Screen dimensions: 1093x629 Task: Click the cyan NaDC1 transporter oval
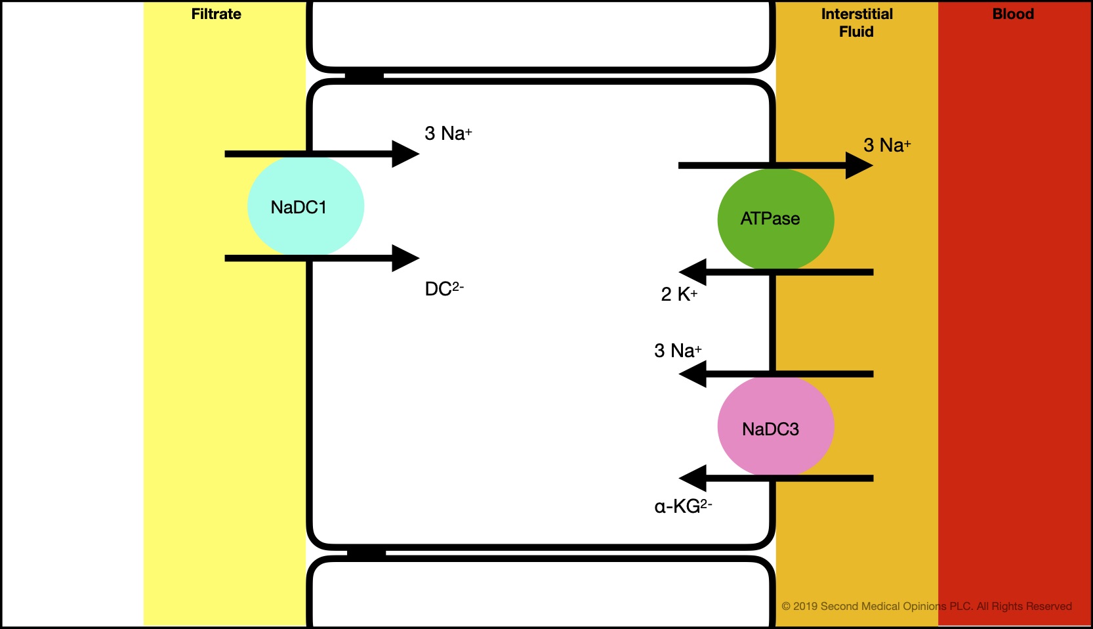pos(306,206)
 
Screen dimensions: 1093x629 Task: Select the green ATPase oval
pos(775,219)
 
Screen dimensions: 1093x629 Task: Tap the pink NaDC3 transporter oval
pos(775,426)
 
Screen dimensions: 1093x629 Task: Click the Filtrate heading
pos(216,14)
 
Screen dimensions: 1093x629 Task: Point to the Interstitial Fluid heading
pos(857,22)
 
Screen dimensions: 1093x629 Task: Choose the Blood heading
pos(1013,14)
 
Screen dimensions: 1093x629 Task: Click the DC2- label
pos(444,289)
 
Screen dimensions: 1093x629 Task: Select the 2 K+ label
pos(679,294)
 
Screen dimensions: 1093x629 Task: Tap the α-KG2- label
pos(683,506)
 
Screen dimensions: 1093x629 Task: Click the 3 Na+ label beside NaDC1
pos(448,133)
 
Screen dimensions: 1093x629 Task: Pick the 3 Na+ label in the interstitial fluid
pos(886,144)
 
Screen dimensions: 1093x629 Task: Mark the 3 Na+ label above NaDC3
pos(677,350)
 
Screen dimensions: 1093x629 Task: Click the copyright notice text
pos(926,606)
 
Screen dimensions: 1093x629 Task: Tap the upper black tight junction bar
pos(364,76)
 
